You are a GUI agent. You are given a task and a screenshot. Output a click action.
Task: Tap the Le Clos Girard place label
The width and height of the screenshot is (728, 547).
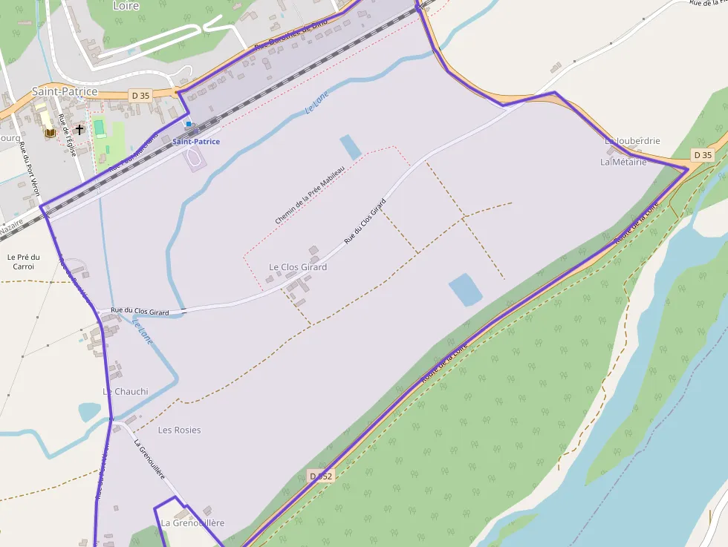coord(298,267)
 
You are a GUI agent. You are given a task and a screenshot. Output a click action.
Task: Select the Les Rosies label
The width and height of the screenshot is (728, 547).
coord(179,430)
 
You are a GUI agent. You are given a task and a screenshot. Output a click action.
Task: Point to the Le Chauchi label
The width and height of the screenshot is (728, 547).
coord(126,391)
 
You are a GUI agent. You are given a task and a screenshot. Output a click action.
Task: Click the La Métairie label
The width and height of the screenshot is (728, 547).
coord(623,162)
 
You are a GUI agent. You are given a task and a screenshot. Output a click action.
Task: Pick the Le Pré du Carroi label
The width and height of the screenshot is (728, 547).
coord(23,261)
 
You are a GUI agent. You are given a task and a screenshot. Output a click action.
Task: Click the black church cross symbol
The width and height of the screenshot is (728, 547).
coord(79,129)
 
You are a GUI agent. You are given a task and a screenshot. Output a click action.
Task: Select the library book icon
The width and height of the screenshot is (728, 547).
coord(50,132)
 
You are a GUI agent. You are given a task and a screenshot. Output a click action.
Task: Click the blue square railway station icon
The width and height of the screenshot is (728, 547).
coord(189,124)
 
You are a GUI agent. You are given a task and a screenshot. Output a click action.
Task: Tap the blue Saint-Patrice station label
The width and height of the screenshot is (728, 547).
coord(196,141)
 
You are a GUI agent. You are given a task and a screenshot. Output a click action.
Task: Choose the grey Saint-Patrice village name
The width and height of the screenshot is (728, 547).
coord(65,91)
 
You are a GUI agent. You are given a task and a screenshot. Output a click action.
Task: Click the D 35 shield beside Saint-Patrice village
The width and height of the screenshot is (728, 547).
coord(140,95)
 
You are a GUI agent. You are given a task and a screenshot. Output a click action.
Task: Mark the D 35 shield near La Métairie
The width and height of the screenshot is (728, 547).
coord(702,155)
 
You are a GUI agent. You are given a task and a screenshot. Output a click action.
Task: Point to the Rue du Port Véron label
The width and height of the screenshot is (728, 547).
coord(30,168)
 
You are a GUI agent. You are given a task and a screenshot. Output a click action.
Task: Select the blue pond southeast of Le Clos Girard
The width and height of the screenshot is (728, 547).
coord(465,289)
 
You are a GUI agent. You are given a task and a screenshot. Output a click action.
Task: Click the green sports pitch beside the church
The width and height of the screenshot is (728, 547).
coord(99,128)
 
